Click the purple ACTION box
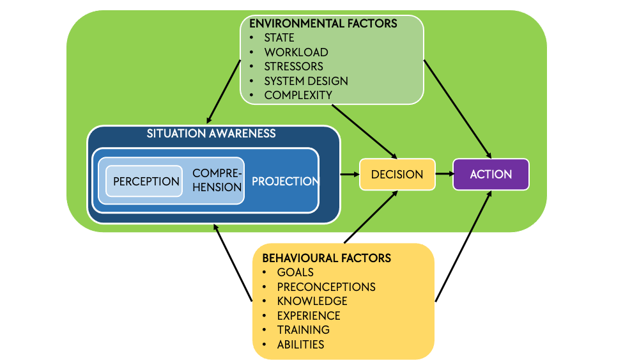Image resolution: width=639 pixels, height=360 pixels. (491, 174)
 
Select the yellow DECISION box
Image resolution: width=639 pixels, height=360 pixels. (397, 174)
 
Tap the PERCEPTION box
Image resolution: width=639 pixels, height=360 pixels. (144, 181)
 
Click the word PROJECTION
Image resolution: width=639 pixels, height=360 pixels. (285, 181)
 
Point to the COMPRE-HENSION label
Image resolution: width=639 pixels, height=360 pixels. (217, 180)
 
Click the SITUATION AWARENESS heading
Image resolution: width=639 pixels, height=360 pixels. (211, 133)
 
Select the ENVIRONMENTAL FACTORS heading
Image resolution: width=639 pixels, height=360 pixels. (323, 23)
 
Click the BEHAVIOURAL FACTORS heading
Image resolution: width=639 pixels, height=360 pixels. (327, 258)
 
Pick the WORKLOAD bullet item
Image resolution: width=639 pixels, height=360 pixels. (296, 52)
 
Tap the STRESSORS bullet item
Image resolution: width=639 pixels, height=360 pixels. (293, 67)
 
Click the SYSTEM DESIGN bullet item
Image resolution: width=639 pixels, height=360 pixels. (306, 81)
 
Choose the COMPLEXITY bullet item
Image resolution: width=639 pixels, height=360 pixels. (298, 95)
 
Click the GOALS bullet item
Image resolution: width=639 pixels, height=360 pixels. (295, 272)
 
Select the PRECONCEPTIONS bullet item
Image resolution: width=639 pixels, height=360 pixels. (327, 287)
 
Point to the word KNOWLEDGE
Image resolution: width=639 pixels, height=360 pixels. (312, 301)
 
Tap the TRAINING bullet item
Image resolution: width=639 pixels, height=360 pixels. (304, 330)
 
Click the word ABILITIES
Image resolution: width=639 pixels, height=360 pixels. (301, 345)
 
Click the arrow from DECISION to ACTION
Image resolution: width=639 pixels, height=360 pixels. (445, 174)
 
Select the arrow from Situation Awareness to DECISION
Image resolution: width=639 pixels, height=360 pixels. (350, 174)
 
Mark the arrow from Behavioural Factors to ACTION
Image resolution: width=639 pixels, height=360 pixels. (463, 246)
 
